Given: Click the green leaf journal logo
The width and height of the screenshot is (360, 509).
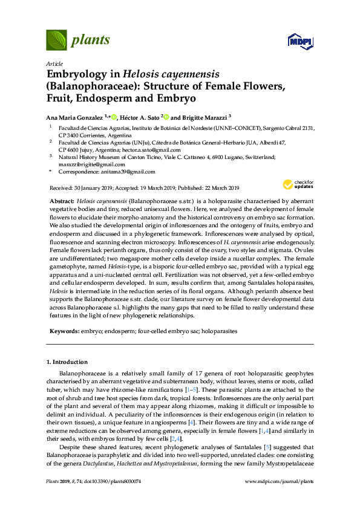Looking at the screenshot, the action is click(x=56, y=41).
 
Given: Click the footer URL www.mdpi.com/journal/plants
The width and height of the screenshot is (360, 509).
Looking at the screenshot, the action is click(x=278, y=498).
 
